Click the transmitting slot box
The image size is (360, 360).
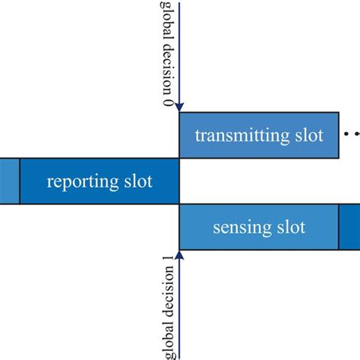coord(259,136)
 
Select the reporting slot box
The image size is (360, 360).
coord(99,182)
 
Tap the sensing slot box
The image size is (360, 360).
coord(259,227)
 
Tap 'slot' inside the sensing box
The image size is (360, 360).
coord(290,227)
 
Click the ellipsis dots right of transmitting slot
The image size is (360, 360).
coord(351,134)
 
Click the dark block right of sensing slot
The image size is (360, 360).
coord(349,227)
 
